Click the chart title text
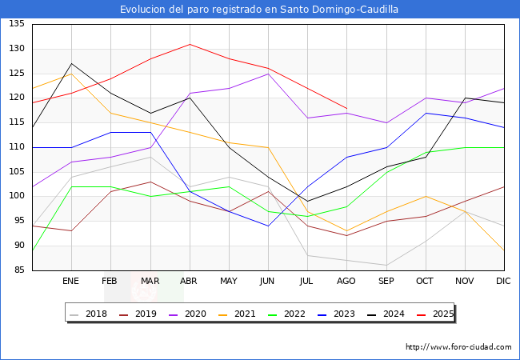259,10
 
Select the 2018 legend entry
88,314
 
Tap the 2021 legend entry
237,314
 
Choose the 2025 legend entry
435,314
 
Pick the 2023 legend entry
336,314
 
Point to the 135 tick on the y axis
17,24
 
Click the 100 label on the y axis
17,196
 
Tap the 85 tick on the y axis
19,270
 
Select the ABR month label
188,281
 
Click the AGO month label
346,281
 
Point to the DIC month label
503,281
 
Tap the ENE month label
70,281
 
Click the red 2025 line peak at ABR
190,44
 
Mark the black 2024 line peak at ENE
72,64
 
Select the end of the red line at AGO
347,108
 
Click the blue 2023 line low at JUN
268,226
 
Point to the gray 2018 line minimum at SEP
386,265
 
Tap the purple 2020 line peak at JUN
268,74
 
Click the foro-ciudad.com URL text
458,347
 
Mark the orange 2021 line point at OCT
426,196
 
